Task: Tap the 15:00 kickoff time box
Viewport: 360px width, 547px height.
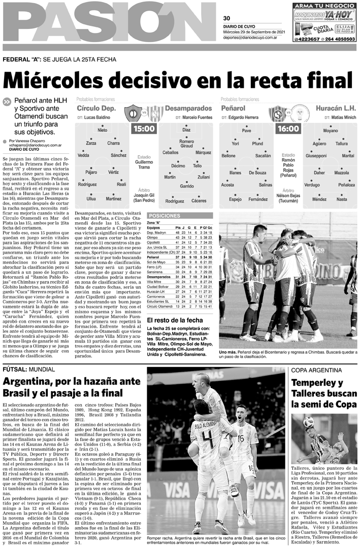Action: [143, 129]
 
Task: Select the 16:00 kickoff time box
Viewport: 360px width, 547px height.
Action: [288, 129]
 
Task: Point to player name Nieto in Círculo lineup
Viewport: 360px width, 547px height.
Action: [103, 130]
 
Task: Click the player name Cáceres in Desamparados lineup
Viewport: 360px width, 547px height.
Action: [199, 201]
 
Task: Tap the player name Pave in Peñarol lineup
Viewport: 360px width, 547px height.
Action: [247, 130]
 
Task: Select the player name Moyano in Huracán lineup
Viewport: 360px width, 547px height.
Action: [331, 131]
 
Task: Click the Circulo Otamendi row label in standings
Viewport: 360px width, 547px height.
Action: [160, 306]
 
